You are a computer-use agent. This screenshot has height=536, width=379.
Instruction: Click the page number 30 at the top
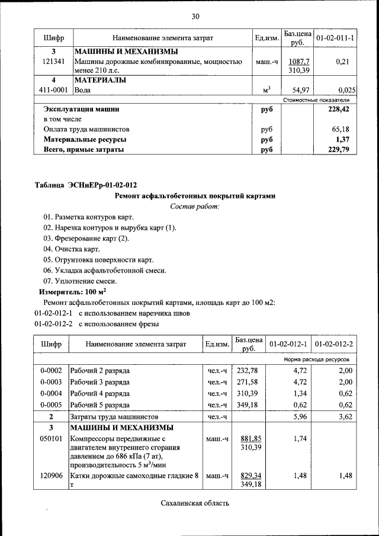195,15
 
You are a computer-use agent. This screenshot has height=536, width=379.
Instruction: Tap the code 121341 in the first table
53,61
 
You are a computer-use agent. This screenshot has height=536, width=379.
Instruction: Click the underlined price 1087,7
298,61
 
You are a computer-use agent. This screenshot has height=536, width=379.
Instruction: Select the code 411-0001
53,90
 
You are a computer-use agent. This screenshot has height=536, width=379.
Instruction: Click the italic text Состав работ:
195,206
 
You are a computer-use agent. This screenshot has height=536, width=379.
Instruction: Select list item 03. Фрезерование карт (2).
86,238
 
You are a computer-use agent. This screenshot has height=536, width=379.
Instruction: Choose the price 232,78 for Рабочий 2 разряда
248,371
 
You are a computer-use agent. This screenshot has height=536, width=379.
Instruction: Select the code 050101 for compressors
52,439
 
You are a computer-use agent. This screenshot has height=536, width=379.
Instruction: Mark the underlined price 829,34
248,475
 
